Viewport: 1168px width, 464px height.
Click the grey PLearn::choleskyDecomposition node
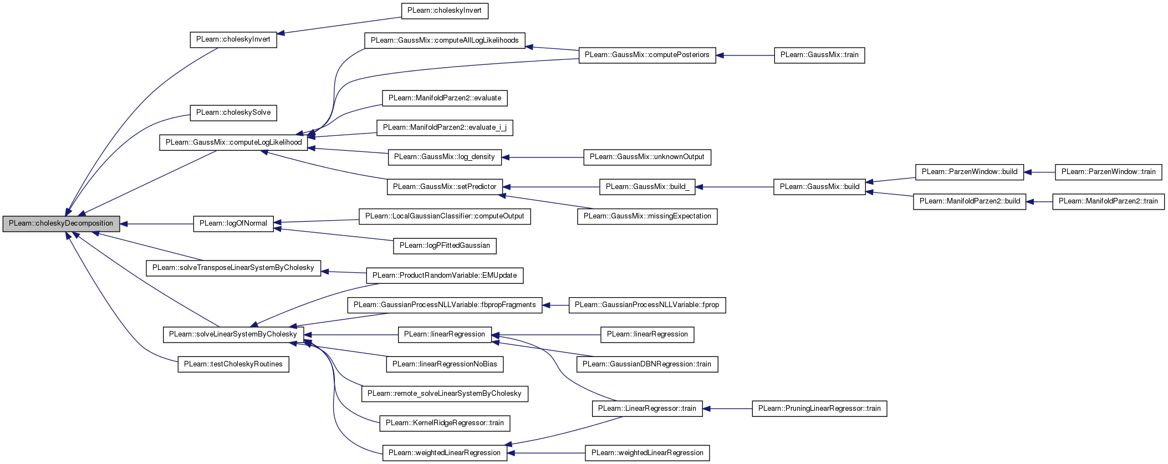[61, 224]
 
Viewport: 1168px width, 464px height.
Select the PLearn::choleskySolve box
[233, 113]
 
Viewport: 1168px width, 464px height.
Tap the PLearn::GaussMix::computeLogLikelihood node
[233, 142]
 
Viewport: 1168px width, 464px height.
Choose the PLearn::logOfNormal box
[233, 223]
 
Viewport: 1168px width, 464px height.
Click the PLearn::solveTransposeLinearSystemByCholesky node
[233, 268]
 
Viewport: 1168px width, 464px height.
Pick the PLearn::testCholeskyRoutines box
[233, 364]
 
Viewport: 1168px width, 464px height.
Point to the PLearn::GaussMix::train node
[819, 55]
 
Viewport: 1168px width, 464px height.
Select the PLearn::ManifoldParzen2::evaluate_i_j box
[445, 128]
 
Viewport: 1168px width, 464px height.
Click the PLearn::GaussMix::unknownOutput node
[647, 157]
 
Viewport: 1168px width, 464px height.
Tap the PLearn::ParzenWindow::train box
[1109, 172]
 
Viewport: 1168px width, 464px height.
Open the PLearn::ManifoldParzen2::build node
[970, 201]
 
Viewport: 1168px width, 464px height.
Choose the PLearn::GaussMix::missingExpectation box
[647, 216]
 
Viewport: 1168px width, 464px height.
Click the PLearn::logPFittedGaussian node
[445, 246]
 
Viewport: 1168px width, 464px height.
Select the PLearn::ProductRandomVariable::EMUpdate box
[445, 276]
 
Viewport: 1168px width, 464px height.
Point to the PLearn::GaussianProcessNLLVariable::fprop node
[647, 305]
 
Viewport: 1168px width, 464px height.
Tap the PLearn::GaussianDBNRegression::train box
[647, 364]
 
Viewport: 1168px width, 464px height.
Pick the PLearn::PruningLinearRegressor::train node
[819, 409]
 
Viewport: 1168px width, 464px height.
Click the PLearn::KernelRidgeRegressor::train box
[445, 423]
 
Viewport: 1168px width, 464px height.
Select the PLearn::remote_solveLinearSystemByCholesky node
[445, 394]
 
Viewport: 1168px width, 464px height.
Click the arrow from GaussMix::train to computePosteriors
[745, 55]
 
